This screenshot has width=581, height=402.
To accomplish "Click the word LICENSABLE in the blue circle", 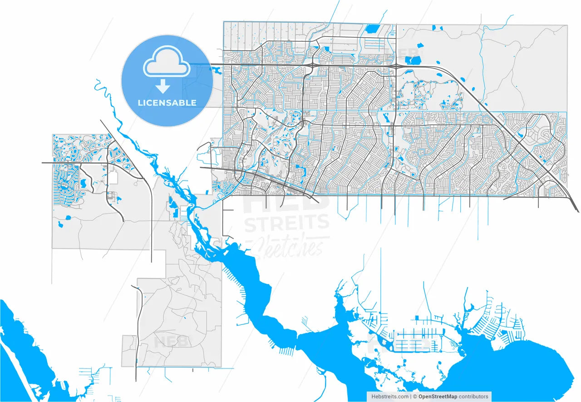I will [167, 103].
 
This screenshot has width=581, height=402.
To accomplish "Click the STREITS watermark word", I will [287, 223].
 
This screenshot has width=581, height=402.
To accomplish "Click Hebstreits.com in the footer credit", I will [390, 397].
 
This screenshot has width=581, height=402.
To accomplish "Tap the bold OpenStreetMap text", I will [438, 397].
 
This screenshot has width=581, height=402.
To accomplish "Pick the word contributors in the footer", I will [473, 397].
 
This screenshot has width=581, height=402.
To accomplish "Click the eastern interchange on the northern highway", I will [396, 66].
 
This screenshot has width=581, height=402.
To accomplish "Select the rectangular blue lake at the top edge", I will [372, 29].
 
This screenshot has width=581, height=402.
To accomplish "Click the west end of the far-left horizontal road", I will [43, 162].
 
